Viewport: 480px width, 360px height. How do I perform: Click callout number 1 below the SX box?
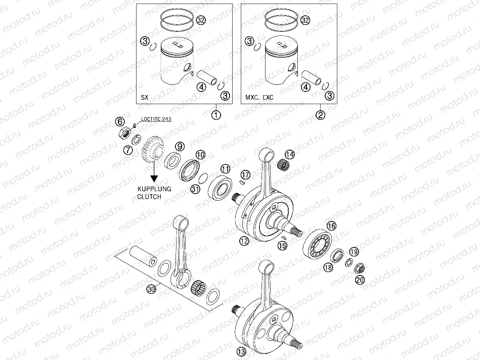[216, 115]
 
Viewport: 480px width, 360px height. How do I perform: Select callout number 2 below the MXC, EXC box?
[320, 115]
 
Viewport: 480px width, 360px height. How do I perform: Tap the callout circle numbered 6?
[120, 121]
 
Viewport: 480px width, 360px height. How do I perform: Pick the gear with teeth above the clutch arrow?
[152, 150]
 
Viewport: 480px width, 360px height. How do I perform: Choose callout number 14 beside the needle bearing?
[289, 154]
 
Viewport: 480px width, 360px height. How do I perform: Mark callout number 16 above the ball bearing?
[331, 226]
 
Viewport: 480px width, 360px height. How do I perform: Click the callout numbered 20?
[360, 280]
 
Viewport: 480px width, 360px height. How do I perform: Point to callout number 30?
[150, 289]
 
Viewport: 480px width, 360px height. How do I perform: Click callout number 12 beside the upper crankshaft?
[244, 241]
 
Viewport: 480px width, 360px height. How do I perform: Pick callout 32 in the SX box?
[201, 21]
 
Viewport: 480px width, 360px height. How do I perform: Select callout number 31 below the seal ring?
[196, 189]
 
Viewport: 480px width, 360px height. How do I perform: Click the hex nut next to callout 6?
[123, 134]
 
